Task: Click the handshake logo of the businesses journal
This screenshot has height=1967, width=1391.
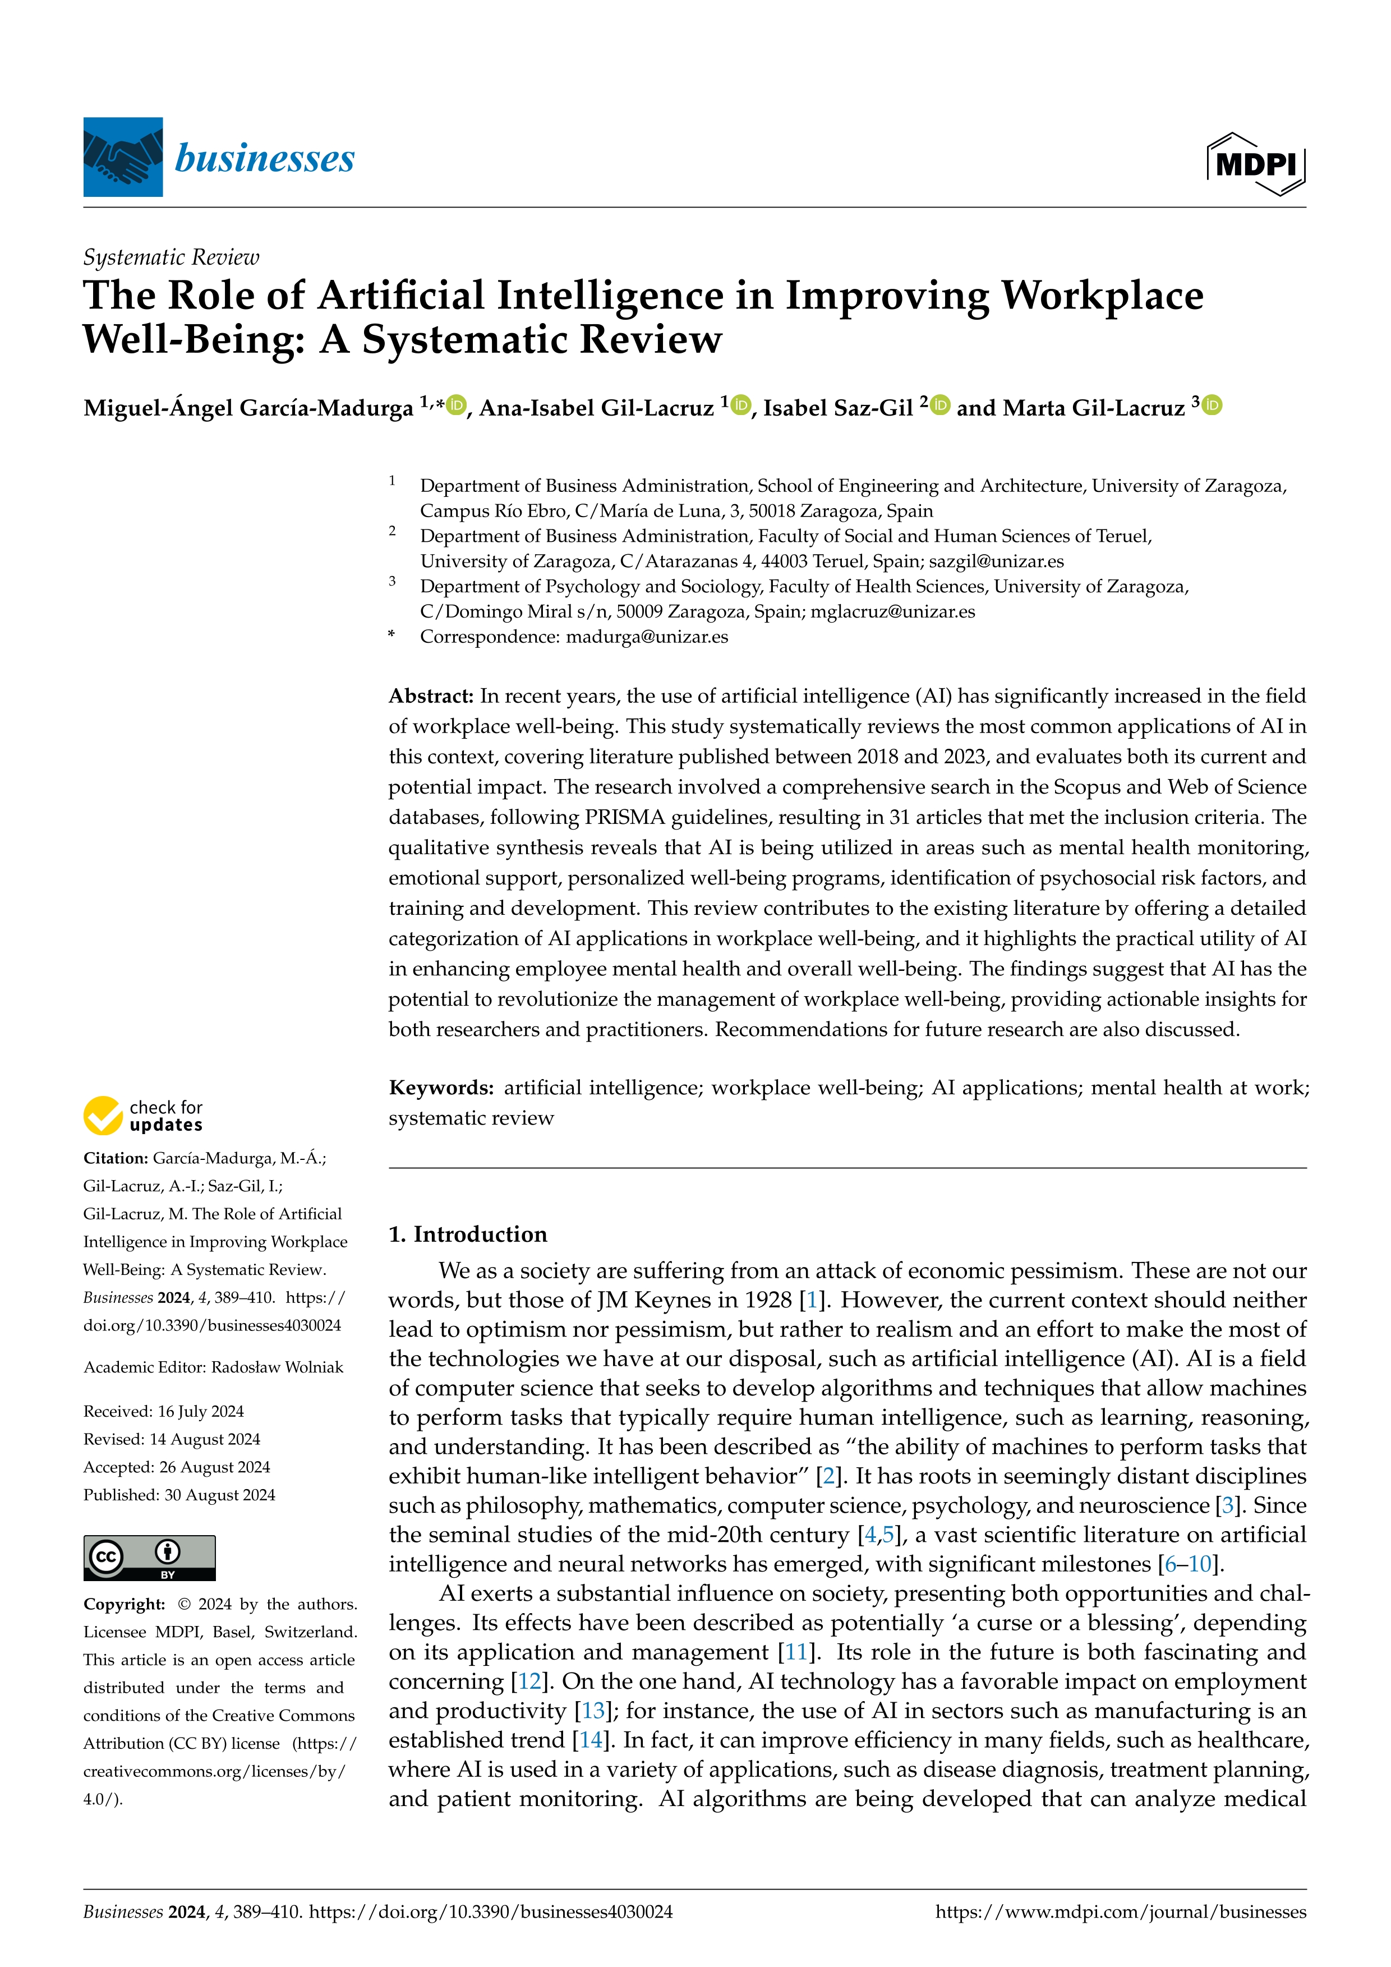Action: tap(122, 157)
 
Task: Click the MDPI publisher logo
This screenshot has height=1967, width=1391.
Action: tap(1256, 164)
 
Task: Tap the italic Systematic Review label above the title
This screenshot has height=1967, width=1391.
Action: tap(171, 257)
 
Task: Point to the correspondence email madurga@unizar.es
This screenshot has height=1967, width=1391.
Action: tap(647, 637)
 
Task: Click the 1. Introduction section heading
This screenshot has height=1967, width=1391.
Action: tap(468, 1234)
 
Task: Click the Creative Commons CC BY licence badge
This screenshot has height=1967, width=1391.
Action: tap(149, 1558)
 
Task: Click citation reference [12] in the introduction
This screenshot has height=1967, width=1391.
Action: tap(528, 1681)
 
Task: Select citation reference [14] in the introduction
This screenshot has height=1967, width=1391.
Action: tap(590, 1740)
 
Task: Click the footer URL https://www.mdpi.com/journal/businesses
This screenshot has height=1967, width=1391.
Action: tap(1120, 1912)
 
